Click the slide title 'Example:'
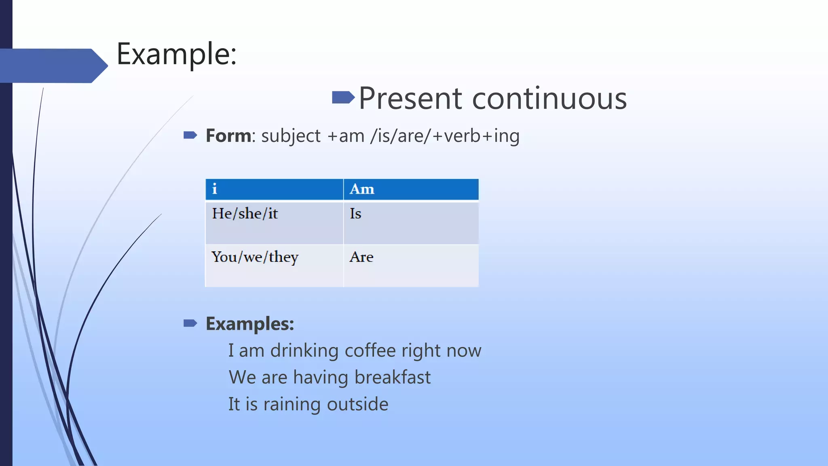[x=176, y=54]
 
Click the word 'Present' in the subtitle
[x=410, y=99]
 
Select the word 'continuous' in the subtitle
[x=549, y=99]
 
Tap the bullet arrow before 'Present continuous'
[x=343, y=97]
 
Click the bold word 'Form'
[x=228, y=136]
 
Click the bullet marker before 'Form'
[x=190, y=135]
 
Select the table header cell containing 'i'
[x=274, y=189]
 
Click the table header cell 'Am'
[x=411, y=189]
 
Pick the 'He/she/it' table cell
[x=274, y=222]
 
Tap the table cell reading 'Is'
[x=411, y=222]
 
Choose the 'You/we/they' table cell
[x=274, y=265]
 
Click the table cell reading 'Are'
[x=411, y=265]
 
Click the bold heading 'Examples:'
[x=250, y=324]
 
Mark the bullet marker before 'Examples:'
[x=190, y=323]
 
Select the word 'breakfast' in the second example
[x=392, y=377]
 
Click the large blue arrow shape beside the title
[x=53, y=66]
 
